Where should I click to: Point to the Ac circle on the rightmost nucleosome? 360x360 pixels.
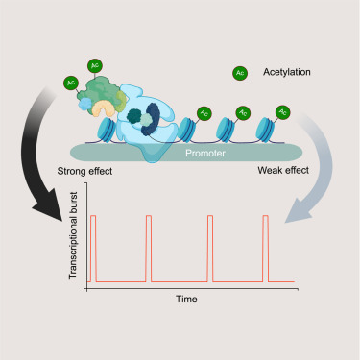(x=281, y=111)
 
